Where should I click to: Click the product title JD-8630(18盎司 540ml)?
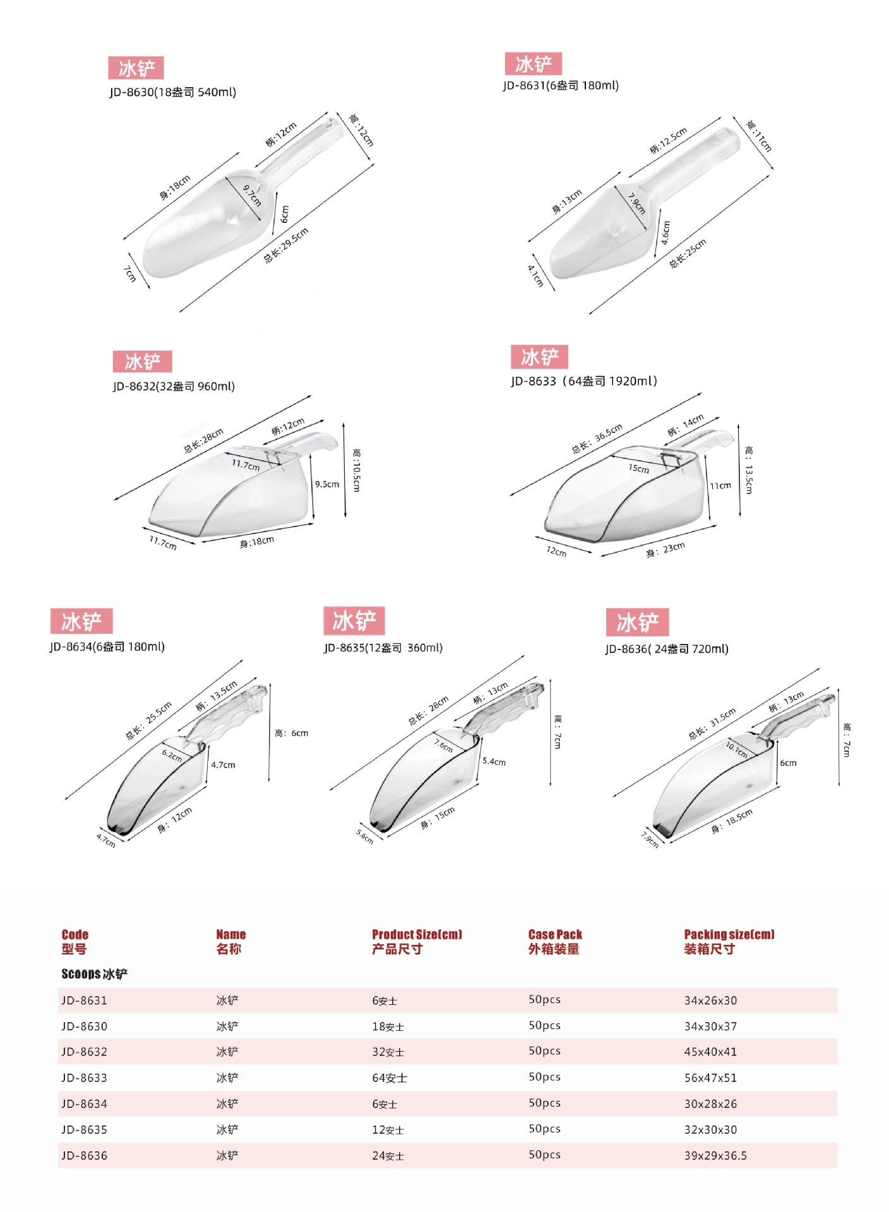(x=172, y=92)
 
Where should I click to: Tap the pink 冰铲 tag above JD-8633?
(x=539, y=357)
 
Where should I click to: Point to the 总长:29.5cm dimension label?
(x=286, y=245)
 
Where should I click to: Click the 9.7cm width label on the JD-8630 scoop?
(x=252, y=195)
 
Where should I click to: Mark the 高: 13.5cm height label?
(x=748, y=470)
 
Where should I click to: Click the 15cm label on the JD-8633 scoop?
(x=638, y=468)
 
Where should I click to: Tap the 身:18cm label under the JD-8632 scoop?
(x=257, y=542)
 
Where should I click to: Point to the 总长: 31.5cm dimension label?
(x=712, y=724)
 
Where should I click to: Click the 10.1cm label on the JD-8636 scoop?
(x=736, y=749)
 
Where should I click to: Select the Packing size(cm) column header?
(x=729, y=934)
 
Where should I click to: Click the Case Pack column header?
(x=555, y=934)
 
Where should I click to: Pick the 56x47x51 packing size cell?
(x=710, y=1078)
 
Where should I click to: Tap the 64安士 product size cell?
(x=390, y=1078)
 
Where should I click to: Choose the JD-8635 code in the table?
(x=84, y=1129)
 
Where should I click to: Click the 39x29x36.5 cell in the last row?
(x=715, y=1155)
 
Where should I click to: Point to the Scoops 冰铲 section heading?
(x=95, y=973)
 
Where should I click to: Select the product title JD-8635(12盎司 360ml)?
(x=383, y=648)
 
